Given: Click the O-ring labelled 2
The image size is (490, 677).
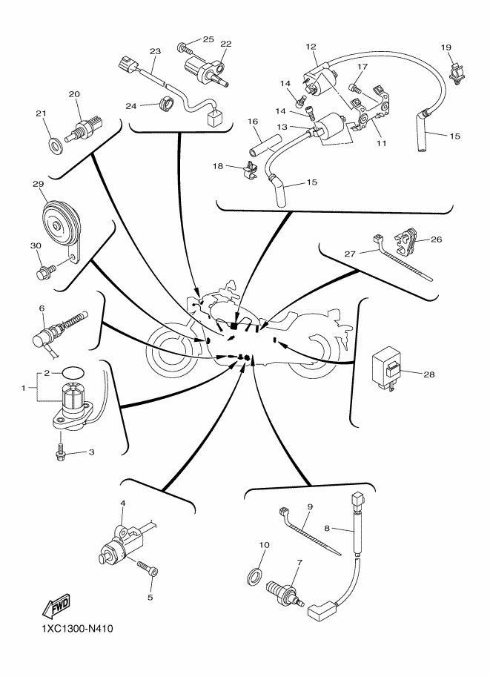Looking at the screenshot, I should tap(71, 371).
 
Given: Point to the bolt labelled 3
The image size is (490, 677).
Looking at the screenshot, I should tap(60, 452).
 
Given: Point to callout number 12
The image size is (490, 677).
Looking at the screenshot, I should tap(311, 47).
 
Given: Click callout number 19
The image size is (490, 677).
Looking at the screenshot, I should tap(446, 47).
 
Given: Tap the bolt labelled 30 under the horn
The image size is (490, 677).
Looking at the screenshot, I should tap(44, 273).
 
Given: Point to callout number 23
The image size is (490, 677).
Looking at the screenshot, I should tap(155, 51).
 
